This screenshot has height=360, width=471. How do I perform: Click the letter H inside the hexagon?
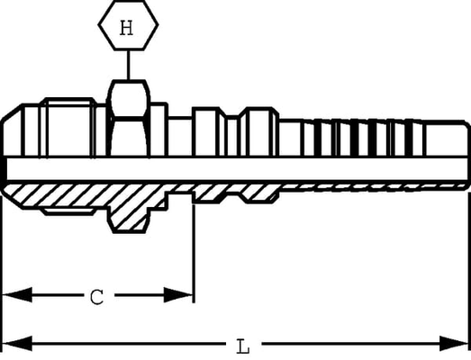pos(126,28)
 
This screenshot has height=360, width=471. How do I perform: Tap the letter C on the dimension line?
pos(97,297)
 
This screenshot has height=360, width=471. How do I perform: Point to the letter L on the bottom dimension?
pos(243,346)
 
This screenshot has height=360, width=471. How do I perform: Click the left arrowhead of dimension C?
pos(17,295)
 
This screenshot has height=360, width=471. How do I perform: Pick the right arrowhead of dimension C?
pos(177,295)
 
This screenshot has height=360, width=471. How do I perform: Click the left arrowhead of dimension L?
pos(17,344)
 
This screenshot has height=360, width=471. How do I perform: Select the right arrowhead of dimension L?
pos(454,344)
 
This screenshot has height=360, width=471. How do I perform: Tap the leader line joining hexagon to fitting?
pos(129,65)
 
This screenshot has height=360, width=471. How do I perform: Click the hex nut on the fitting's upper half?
pos(129,118)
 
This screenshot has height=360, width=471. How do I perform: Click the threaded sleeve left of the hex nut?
pos(70,127)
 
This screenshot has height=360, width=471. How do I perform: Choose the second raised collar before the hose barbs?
pos(260,131)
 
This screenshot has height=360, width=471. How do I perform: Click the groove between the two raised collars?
pos(233,136)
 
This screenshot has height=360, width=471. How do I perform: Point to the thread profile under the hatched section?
pos(69,211)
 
